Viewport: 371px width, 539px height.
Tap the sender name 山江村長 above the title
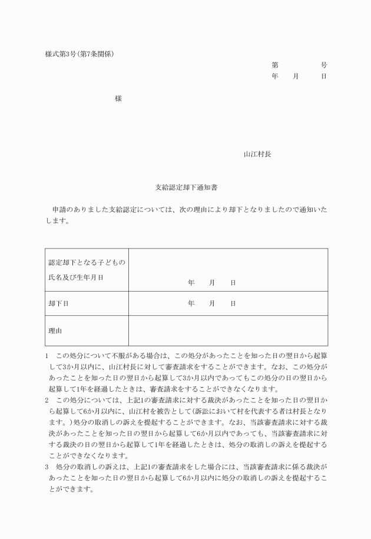(257, 154)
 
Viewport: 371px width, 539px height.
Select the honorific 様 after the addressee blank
(118, 99)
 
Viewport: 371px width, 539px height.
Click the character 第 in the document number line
(275, 65)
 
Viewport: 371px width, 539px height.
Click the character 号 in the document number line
(324, 65)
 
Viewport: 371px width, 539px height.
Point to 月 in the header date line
(296, 77)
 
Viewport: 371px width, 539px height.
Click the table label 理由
(55, 331)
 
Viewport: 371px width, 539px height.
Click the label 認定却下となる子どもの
(87, 262)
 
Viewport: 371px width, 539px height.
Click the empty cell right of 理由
(228, 331)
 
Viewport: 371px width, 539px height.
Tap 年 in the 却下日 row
(191, 303)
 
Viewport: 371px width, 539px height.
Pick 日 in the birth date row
(233, 283)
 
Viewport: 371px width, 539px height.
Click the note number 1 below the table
(47, 356)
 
